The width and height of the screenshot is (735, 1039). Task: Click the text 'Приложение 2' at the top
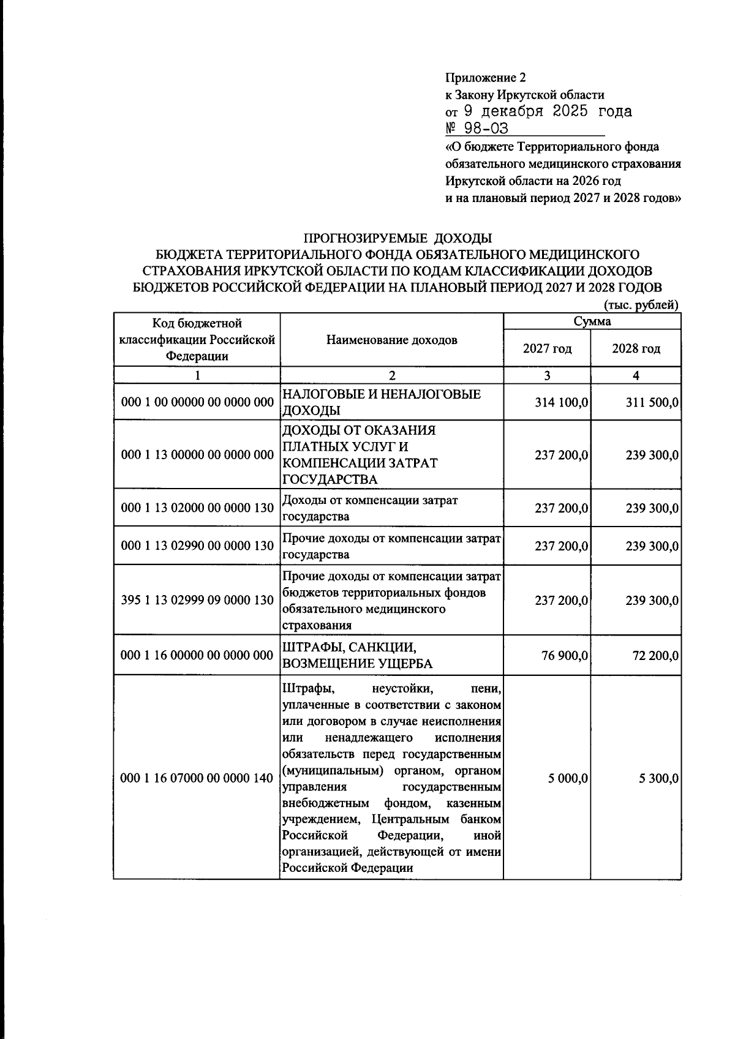(x=485, y=78)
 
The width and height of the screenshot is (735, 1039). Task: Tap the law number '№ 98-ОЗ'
(x=477, y=129)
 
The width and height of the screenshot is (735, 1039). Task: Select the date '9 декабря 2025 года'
(x=547, y=111)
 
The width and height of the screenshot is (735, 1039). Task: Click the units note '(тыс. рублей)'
(x=641, y=305)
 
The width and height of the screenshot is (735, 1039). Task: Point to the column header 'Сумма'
(x=592, y=321)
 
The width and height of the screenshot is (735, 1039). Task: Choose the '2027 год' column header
(x=547, y=349)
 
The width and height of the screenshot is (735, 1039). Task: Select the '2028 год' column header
(x=636, y=349)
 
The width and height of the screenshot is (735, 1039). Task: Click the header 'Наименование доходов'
(x=391, y=340)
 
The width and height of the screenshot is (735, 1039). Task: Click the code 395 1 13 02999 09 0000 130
(x=197, y=600)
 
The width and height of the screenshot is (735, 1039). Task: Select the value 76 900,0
(x=565, y=656)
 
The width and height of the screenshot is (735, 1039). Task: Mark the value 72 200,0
(x=655, y=656)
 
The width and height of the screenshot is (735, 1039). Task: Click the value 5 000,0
(x=567, y=778)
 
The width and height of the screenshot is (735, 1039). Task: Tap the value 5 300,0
(x=657, y=778)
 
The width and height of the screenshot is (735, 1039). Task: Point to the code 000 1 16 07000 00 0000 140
(x=197, y=778)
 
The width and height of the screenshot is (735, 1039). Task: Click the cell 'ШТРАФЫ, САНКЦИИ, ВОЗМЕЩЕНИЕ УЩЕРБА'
(x=357, y=655)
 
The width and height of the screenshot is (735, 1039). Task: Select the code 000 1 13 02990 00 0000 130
(x=197, y=546)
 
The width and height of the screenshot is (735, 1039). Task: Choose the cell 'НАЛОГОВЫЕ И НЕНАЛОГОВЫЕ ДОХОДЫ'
(x=380, y=402)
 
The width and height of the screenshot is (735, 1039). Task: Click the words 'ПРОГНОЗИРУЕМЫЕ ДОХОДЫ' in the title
(x=398, y=238)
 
